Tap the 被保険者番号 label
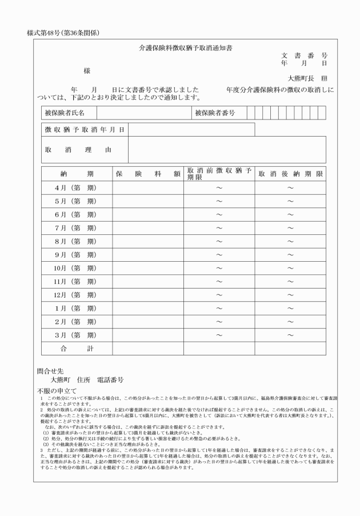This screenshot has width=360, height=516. (215, 113)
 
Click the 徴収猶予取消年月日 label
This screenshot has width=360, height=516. (85, 130)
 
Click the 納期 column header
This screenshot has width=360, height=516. (77, 174)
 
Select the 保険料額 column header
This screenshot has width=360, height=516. (148, 174)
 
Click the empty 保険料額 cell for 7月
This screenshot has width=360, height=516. (148, 228)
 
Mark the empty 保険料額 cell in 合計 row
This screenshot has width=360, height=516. (148, 348)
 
